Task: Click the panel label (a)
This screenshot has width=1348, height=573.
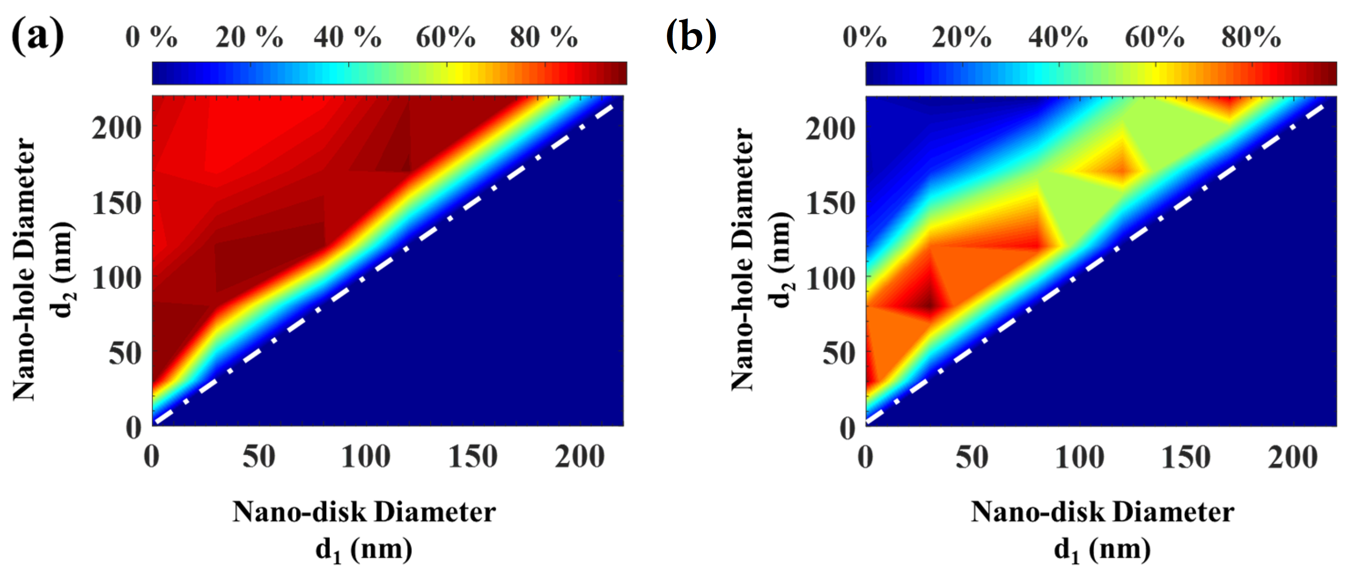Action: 38,36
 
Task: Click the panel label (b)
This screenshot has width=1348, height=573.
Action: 691,36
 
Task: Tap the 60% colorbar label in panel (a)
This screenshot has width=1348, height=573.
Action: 446,38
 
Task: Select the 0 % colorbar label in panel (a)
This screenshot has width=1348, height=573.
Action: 151,38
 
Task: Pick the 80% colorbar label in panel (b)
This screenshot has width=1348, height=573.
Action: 1251,38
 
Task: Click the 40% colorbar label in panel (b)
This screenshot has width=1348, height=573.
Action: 1057,38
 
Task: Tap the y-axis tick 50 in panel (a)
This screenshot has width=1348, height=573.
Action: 125,354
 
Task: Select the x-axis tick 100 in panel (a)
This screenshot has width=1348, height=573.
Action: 365,457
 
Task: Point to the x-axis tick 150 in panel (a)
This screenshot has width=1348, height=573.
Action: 472,457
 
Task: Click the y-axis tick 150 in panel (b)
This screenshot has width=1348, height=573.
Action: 830,203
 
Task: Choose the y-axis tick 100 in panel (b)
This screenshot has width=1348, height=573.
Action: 830,279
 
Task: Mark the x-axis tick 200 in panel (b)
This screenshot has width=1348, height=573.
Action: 1292,457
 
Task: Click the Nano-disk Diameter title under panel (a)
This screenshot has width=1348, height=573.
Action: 364,512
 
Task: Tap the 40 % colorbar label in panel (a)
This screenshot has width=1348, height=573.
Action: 347,38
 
